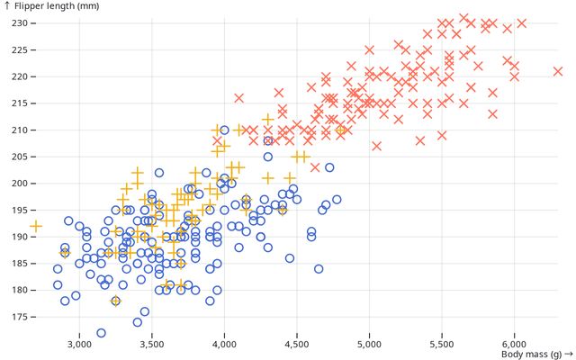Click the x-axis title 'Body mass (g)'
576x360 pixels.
[x=535, y=356]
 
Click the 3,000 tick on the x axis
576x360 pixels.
[x=79, y=344]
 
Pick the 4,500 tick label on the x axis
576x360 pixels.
[x=297, y=344]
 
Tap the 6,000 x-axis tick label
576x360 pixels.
[x=514, y=344]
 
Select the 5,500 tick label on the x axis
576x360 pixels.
[x=442, y=344]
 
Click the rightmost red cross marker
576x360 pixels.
[x=558, y=71]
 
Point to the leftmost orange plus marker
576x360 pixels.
[x=36, y=226]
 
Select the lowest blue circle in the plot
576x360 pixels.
[x=102, y=333]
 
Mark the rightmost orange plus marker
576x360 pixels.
[x=341, y=130]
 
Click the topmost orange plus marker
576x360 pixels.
[x=267, y=120]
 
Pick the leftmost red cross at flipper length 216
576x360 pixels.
[x=239, y=98]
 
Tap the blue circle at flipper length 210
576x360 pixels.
[x=224, y=130]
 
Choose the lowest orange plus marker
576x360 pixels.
[x=115, y=301]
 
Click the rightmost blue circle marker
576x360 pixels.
[x=337, y=200]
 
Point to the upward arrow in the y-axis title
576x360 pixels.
[x=7, y=6]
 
